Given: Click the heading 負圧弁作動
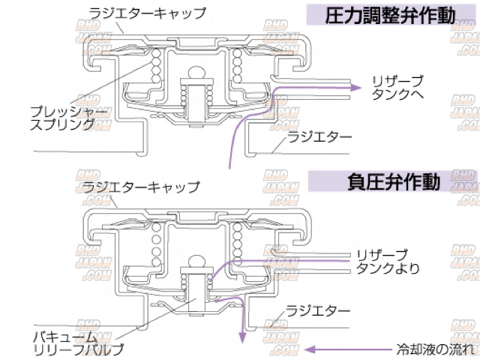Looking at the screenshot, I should pyautogui.click(x=392, y=181).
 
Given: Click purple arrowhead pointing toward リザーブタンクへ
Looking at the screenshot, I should pyautogui.click(x=348, y=88).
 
